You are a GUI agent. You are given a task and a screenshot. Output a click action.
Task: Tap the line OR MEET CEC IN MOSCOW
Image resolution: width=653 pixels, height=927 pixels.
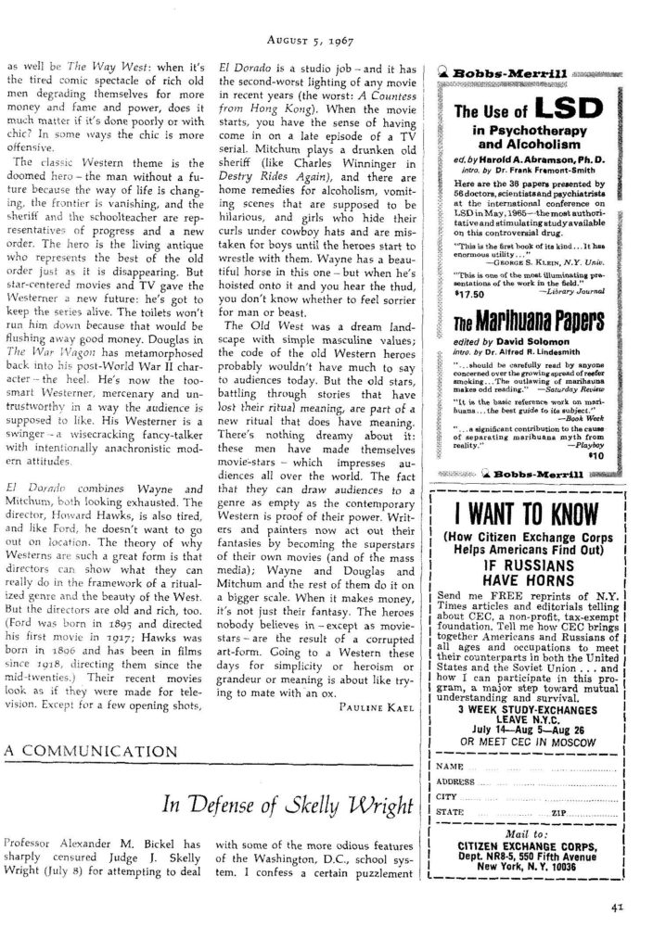tap(522, 742)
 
